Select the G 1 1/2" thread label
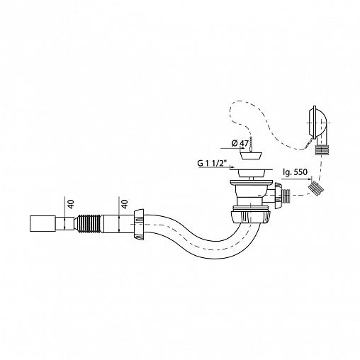(212, 163)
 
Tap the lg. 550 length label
(296, 172)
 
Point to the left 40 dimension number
(71, 203)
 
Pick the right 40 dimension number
(125, 203)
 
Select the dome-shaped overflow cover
(317, 123)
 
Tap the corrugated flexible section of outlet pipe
(89, 223)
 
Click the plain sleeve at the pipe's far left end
(43, 223)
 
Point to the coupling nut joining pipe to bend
(139, 225)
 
